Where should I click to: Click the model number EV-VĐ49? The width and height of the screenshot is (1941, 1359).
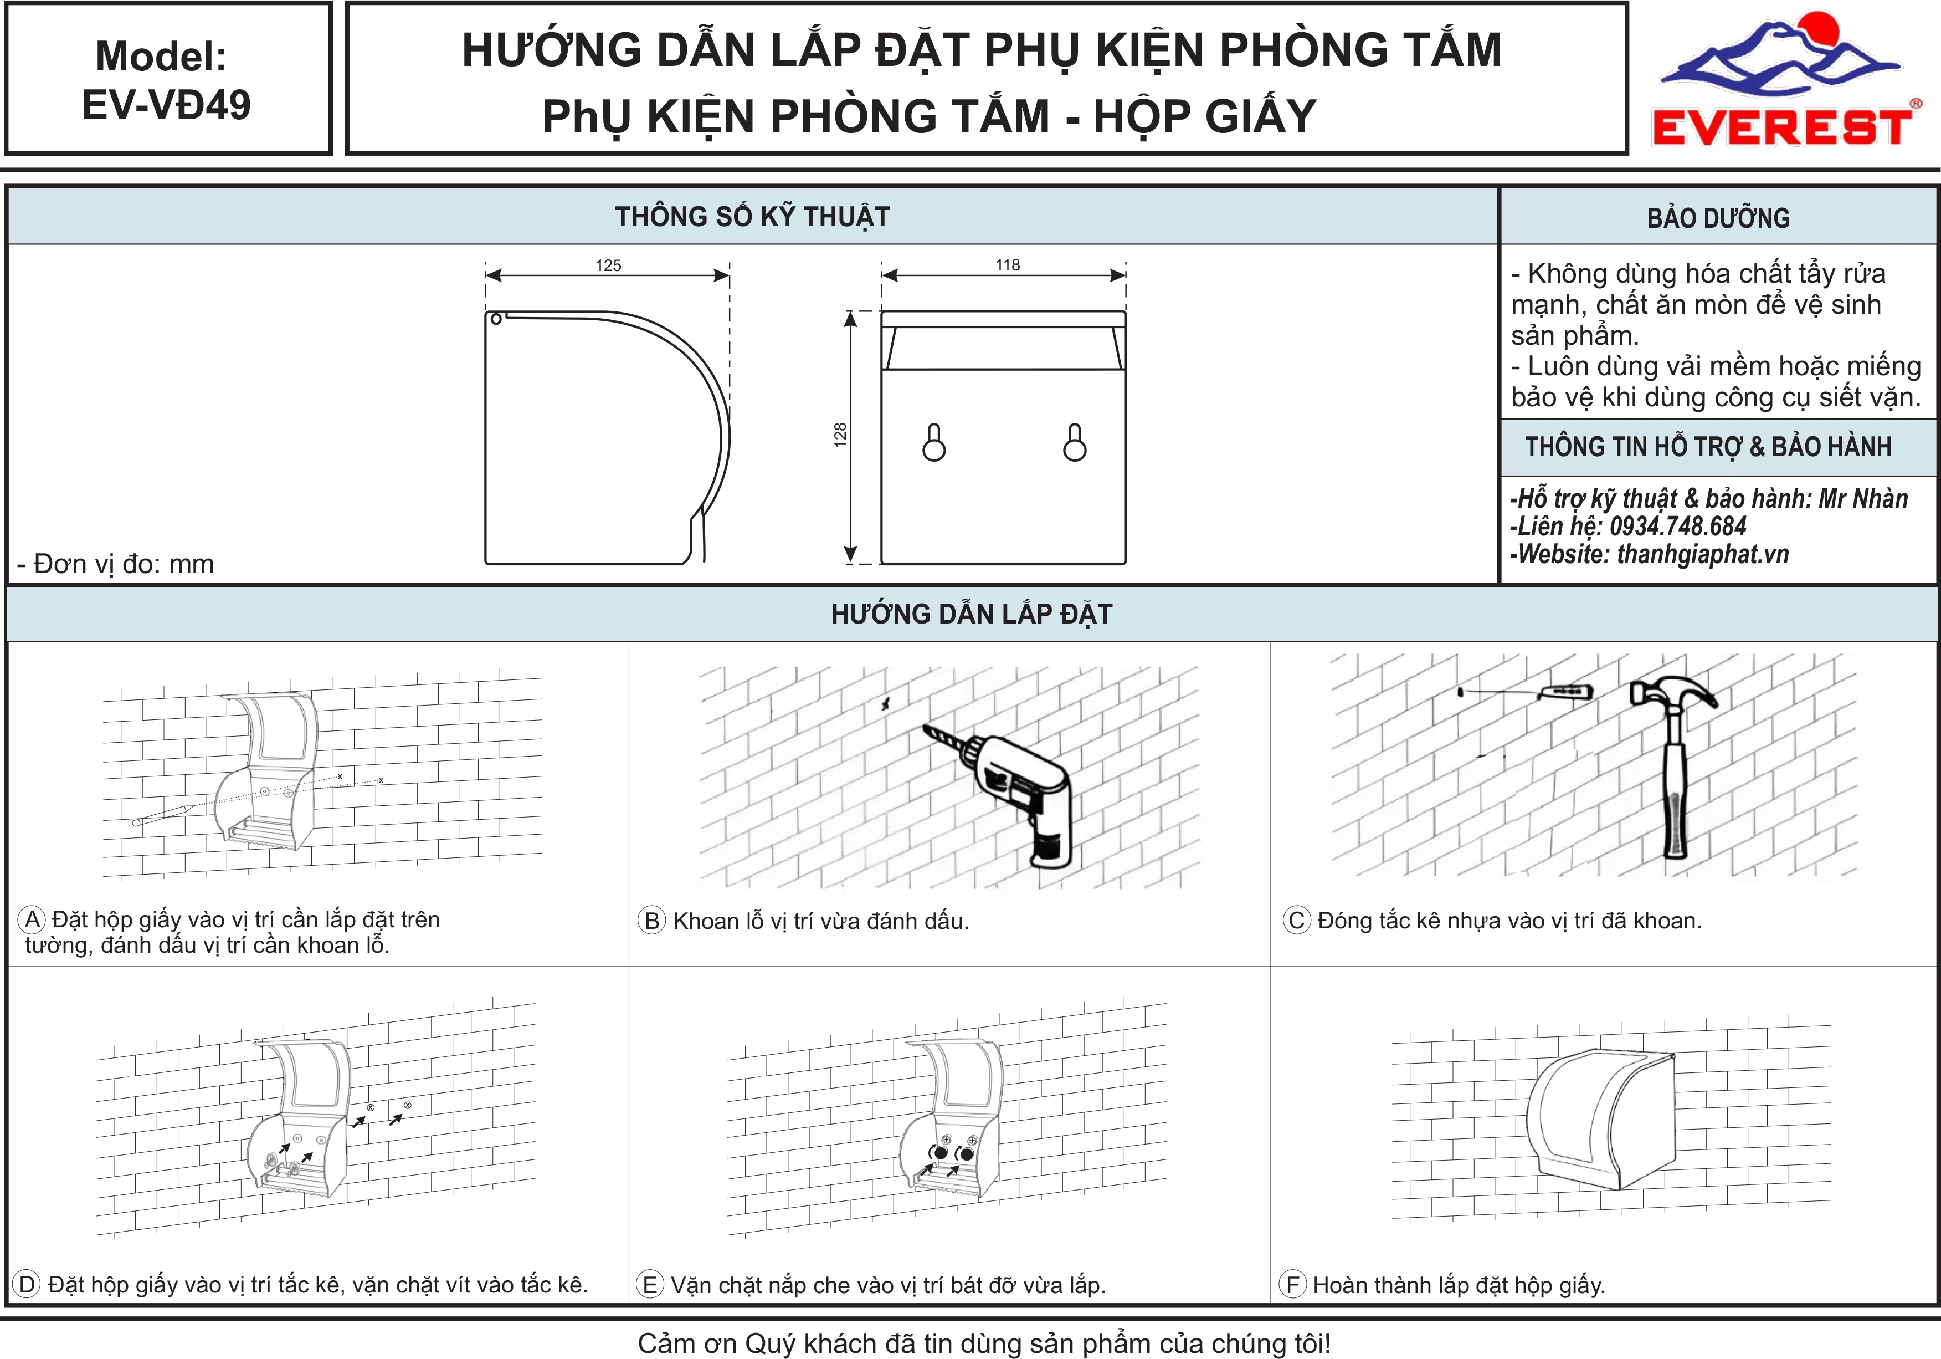click(x=167, y=105)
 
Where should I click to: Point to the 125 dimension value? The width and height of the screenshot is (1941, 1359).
click(x=608, y=265)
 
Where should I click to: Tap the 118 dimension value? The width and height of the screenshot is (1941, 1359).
click(x=1008, y=265)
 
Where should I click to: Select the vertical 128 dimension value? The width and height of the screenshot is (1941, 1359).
click(x=839, y=435)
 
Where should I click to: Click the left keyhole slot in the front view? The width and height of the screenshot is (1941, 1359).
click(x=934, y=442)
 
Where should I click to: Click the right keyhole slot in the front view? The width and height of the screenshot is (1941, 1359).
click(x=1075, y=442)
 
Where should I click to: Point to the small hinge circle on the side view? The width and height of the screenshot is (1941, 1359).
click(x=496, y=319)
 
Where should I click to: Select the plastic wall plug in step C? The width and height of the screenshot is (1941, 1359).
click(x=1565, y=693)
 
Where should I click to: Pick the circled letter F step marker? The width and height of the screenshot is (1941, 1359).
click(x=1292, y=1285)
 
